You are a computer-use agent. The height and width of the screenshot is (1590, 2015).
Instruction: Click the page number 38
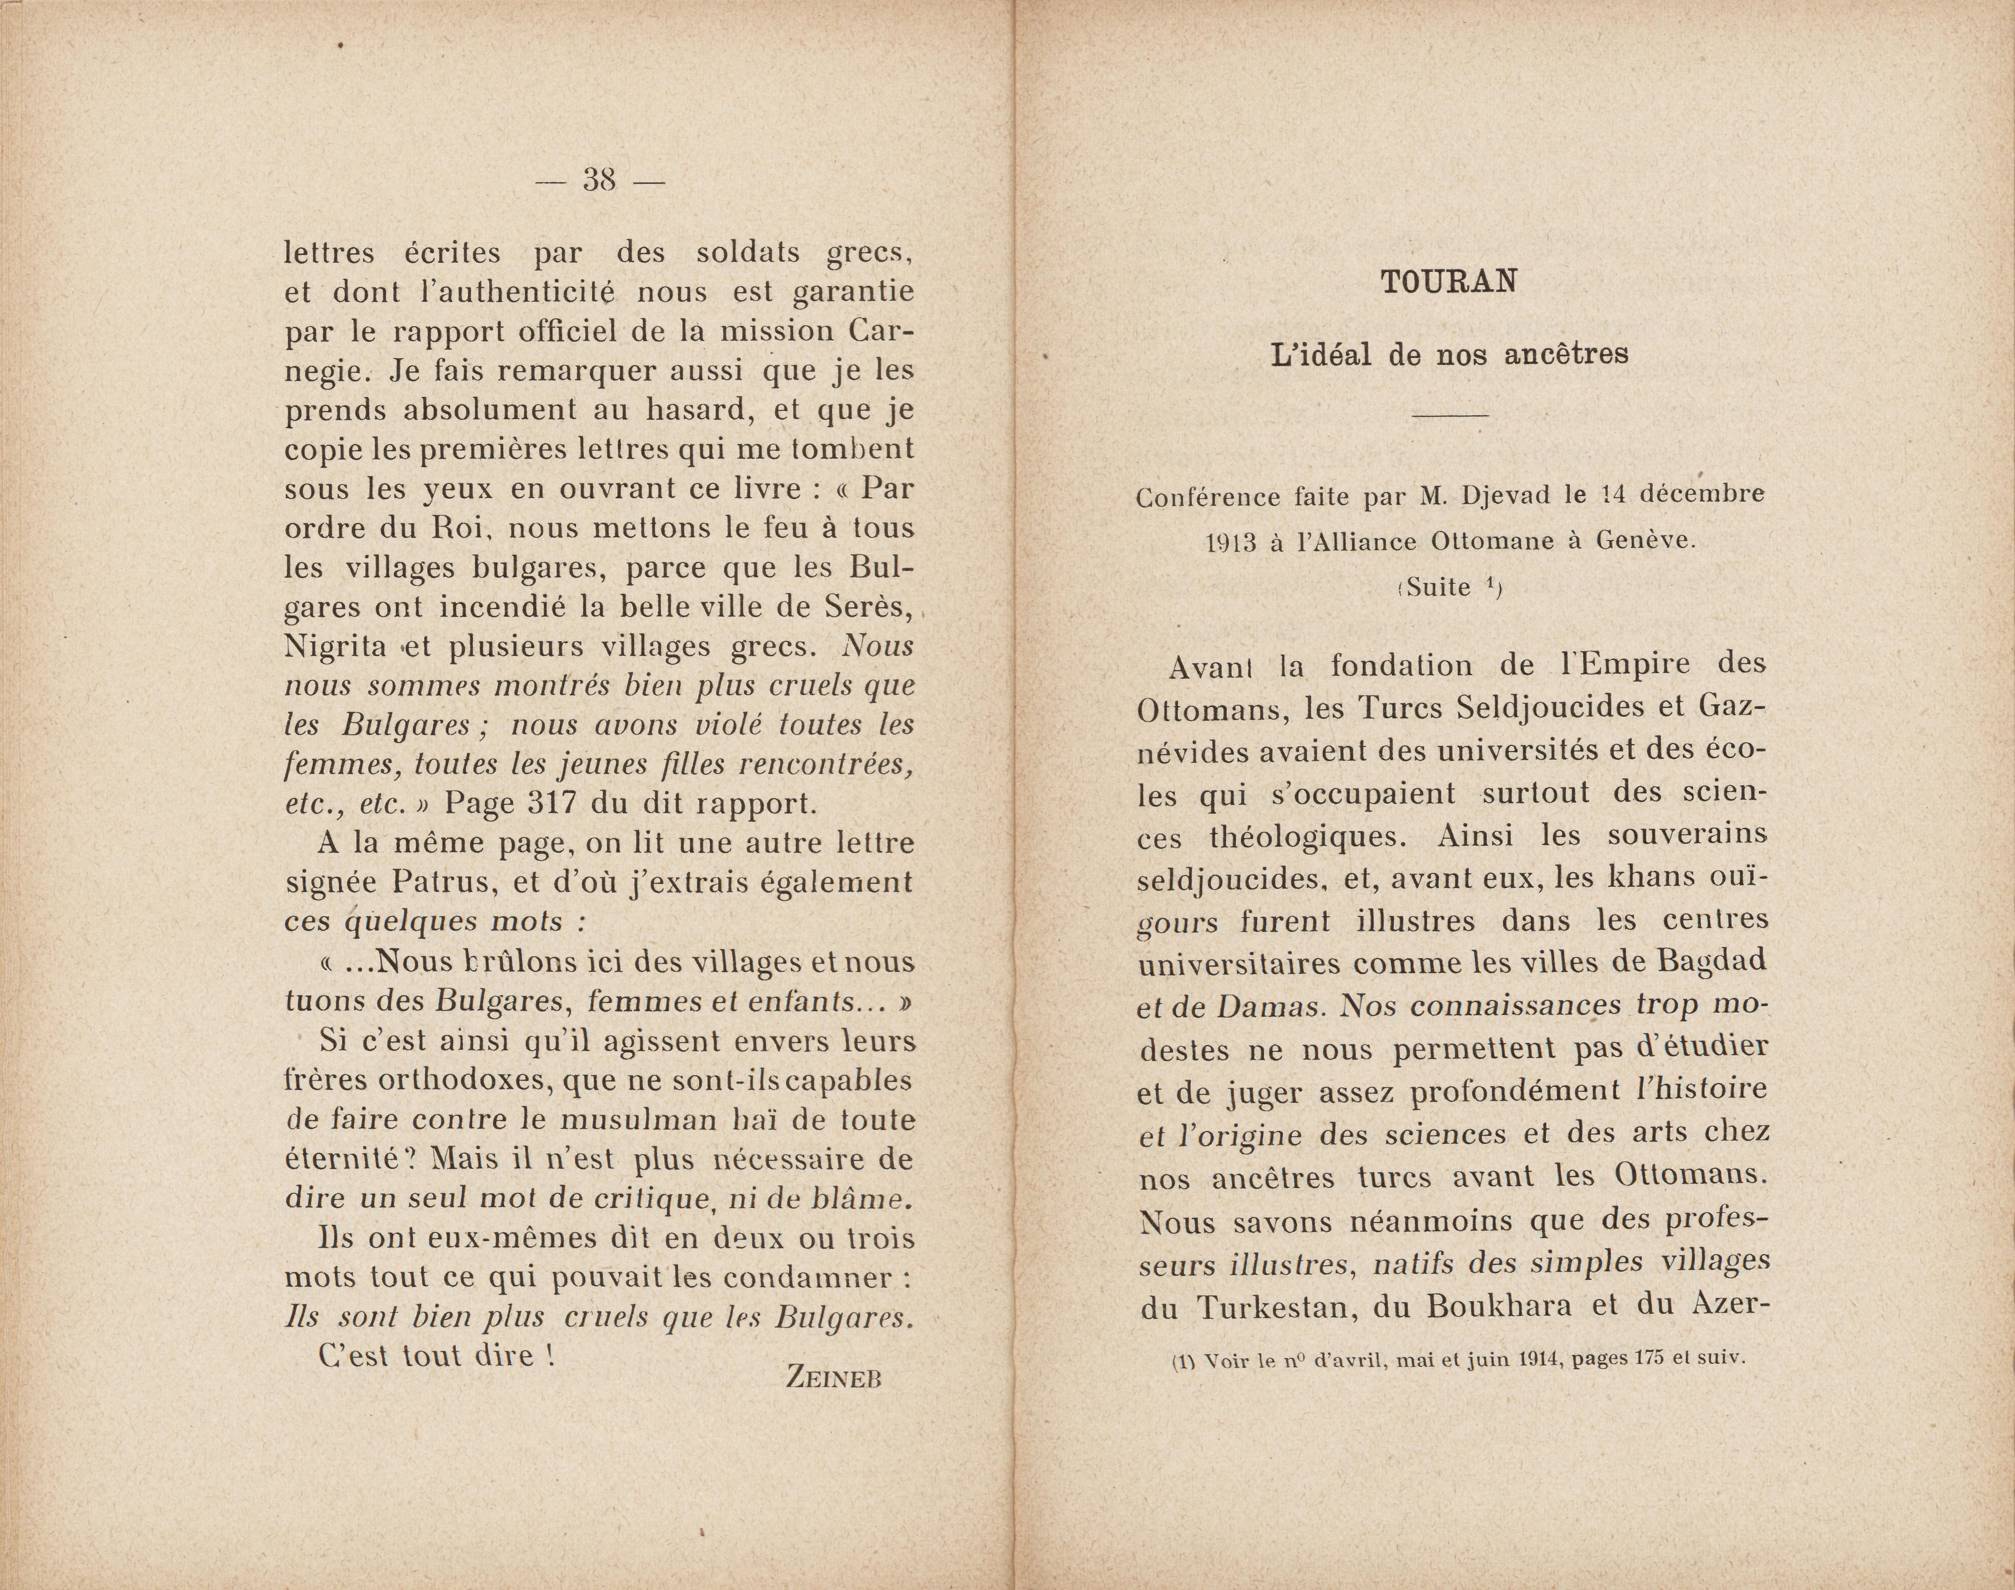coord(600,179)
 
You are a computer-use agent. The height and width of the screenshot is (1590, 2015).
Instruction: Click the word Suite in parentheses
coord(1440,587)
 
